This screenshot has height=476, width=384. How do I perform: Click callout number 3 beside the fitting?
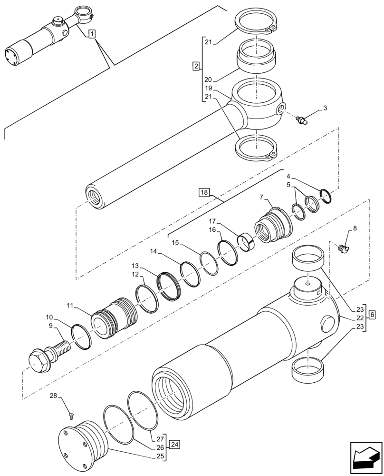click(325, 109)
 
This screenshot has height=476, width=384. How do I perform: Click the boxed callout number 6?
click(372, 315)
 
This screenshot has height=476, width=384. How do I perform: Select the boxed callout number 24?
click(175, 445)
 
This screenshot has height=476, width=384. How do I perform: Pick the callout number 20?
click(208, 79)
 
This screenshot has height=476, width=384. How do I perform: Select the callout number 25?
click(161, 456)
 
